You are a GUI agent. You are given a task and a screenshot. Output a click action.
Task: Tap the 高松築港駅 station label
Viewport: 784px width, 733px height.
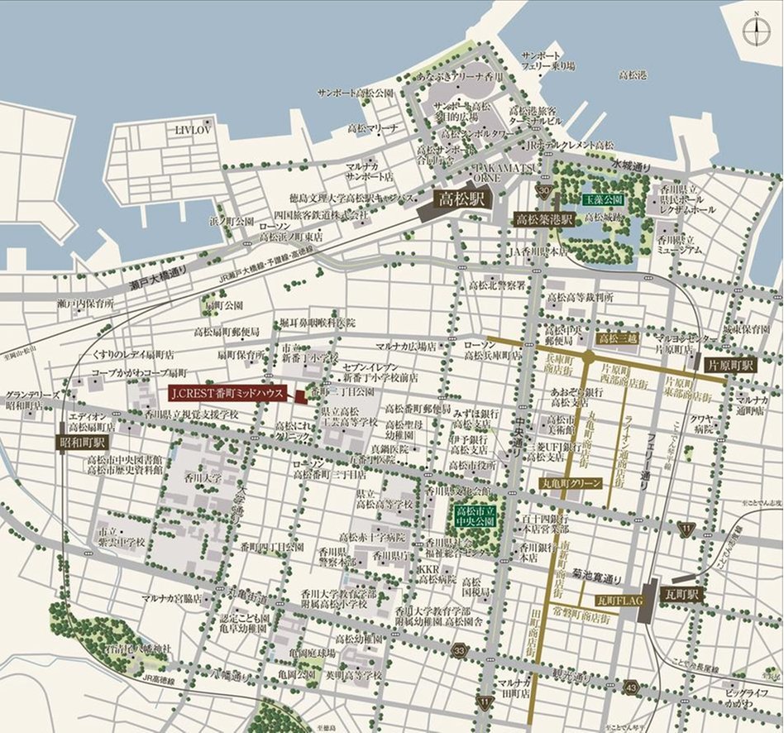coord(545,219)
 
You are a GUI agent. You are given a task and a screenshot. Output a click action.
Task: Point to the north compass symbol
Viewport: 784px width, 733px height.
coord(755,31)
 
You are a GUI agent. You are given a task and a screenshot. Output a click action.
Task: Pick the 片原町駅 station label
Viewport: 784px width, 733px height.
coord(731,365)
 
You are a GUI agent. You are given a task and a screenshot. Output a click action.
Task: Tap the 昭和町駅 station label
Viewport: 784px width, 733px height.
coord(83,443)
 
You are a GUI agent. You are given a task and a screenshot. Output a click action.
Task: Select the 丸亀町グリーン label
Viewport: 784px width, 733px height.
coord(571,482)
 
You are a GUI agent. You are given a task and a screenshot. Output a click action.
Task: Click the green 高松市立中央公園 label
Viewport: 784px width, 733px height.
coord(476,519)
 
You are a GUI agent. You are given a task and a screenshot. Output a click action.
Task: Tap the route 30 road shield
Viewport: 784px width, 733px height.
coord(543,192)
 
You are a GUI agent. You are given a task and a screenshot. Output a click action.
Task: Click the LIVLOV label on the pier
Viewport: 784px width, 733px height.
coord(195,130)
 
